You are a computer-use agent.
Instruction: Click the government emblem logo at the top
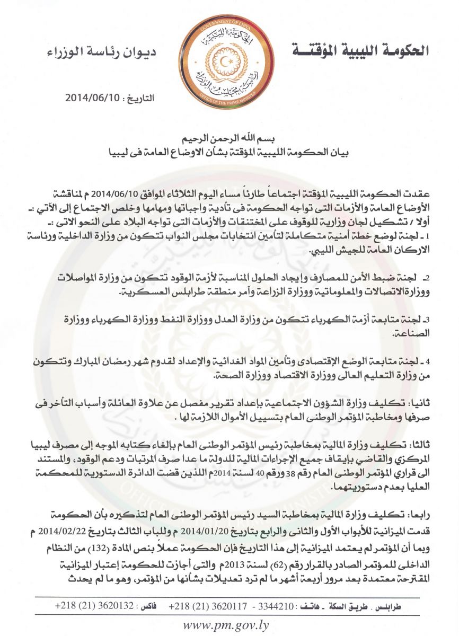[x=229, y=60]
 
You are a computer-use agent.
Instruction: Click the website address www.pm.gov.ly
[x=226, y=624]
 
